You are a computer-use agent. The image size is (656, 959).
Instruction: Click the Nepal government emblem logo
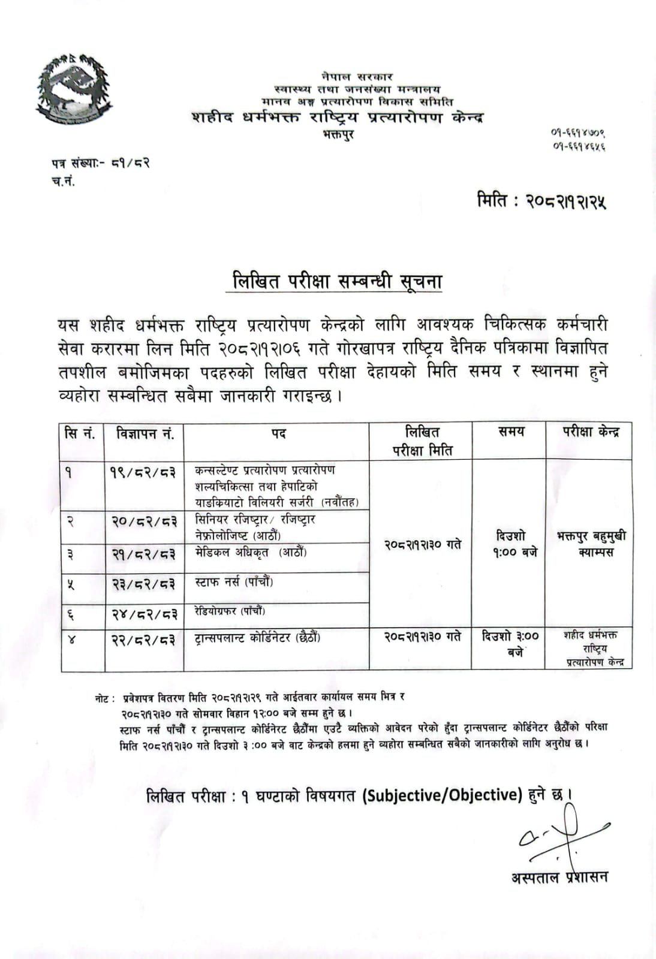74,90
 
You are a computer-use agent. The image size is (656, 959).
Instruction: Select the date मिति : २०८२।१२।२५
541,200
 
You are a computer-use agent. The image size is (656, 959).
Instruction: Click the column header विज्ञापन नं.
145,433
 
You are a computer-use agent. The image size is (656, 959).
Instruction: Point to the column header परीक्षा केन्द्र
590,432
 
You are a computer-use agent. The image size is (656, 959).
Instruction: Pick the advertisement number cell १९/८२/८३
144,473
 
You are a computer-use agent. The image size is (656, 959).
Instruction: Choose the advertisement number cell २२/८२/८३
144,640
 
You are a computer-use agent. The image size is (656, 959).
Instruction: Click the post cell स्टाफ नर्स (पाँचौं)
234,582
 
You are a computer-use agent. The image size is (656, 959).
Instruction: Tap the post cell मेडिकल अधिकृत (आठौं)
251,552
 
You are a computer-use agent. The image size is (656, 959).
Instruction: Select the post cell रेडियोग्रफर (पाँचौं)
230,611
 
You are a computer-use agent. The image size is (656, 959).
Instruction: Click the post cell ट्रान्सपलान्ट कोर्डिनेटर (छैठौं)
258,638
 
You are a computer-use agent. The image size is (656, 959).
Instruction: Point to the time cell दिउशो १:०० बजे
511,544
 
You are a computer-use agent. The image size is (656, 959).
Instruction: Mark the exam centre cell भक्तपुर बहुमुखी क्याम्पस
591,544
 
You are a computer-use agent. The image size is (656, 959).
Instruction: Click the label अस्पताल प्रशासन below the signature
559,877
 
